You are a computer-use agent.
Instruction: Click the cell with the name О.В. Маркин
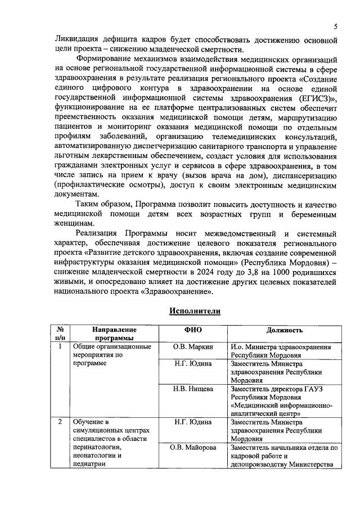click(192, 347)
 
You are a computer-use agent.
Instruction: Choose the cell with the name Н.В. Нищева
click(192, 389)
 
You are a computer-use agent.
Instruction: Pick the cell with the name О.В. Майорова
click(192, 448)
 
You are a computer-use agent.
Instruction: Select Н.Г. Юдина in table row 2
click(192, 422)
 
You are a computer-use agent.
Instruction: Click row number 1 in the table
click(60, 346)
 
